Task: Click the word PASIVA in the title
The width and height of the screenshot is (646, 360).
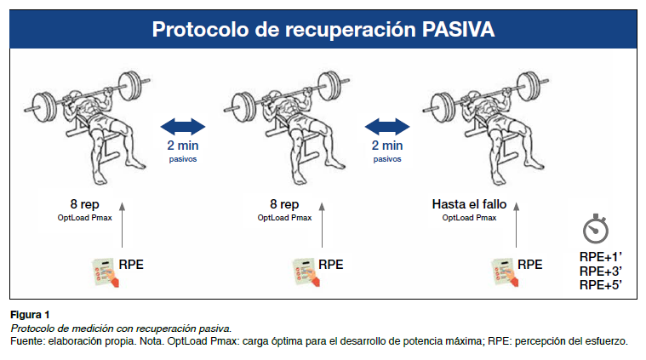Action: pos(459,31)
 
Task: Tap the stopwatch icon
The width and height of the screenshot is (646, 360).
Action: pos(595,230)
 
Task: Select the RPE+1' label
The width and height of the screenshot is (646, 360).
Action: pos(600,257)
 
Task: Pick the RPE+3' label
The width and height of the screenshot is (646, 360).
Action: pos(600,271)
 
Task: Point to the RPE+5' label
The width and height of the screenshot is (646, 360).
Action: pos(600,284)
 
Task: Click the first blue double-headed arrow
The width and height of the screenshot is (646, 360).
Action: pos(183,128)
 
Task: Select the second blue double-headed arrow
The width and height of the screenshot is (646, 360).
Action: pos(387,128)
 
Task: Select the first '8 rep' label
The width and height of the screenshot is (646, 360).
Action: pos(89,204)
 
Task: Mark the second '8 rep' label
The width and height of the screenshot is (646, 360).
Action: pos(284,204)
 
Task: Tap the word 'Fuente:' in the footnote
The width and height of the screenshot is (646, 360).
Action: pos(29,340)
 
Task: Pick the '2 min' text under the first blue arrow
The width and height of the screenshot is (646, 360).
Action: pos(183,146)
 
